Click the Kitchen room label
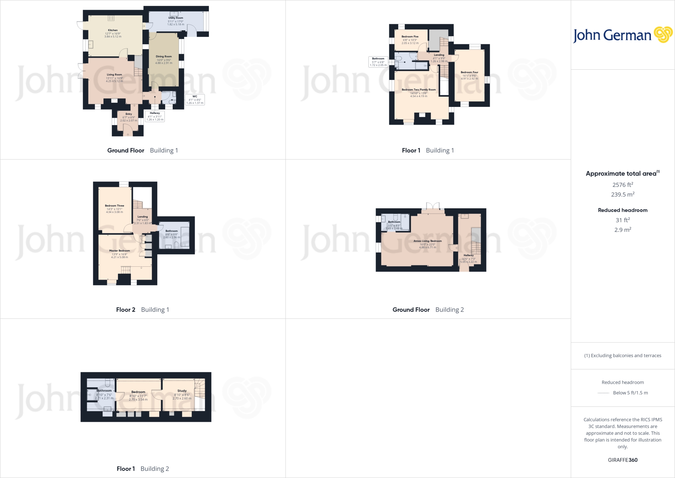[x=113, y=30]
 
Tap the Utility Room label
[x=176, y=18]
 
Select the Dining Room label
[x=164, y=56]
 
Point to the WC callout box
[x=195, y=100]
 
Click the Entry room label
[x=129, y=114]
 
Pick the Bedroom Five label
[x=410, y=37]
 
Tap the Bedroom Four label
[x=469, y=72]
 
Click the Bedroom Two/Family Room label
[x=419, y=90]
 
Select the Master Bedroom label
[x=120, y=251]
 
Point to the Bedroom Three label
[x=114, y=206]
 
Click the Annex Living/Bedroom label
[x=427, y=241]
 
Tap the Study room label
[x=182, y=391]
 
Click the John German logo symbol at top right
[x=663, y=35]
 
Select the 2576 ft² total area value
[x=623, y=185]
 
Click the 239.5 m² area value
[x=623, y=194]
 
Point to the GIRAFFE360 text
[x=623, y=460]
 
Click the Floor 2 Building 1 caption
[x=142, y=310]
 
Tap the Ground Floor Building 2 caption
[x=428, y=310]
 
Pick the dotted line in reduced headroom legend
[x=603, y=393]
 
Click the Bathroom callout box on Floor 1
[x=378, y=62]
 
